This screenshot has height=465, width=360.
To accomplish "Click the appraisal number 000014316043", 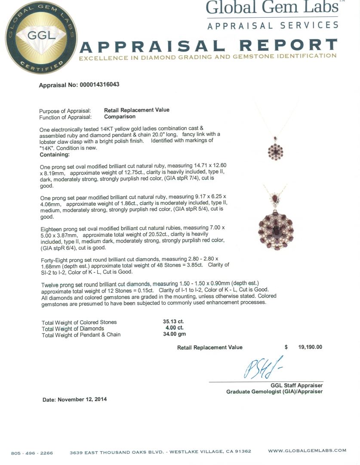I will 99,85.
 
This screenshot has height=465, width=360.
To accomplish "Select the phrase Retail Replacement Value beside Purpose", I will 137,110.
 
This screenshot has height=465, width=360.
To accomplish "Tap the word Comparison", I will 120,117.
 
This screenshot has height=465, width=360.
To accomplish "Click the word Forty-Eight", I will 56,258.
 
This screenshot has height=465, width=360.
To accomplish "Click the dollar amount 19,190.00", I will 310,347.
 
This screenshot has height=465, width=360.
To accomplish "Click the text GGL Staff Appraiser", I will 296,385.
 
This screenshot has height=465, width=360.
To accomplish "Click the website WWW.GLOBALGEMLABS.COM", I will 307,451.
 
